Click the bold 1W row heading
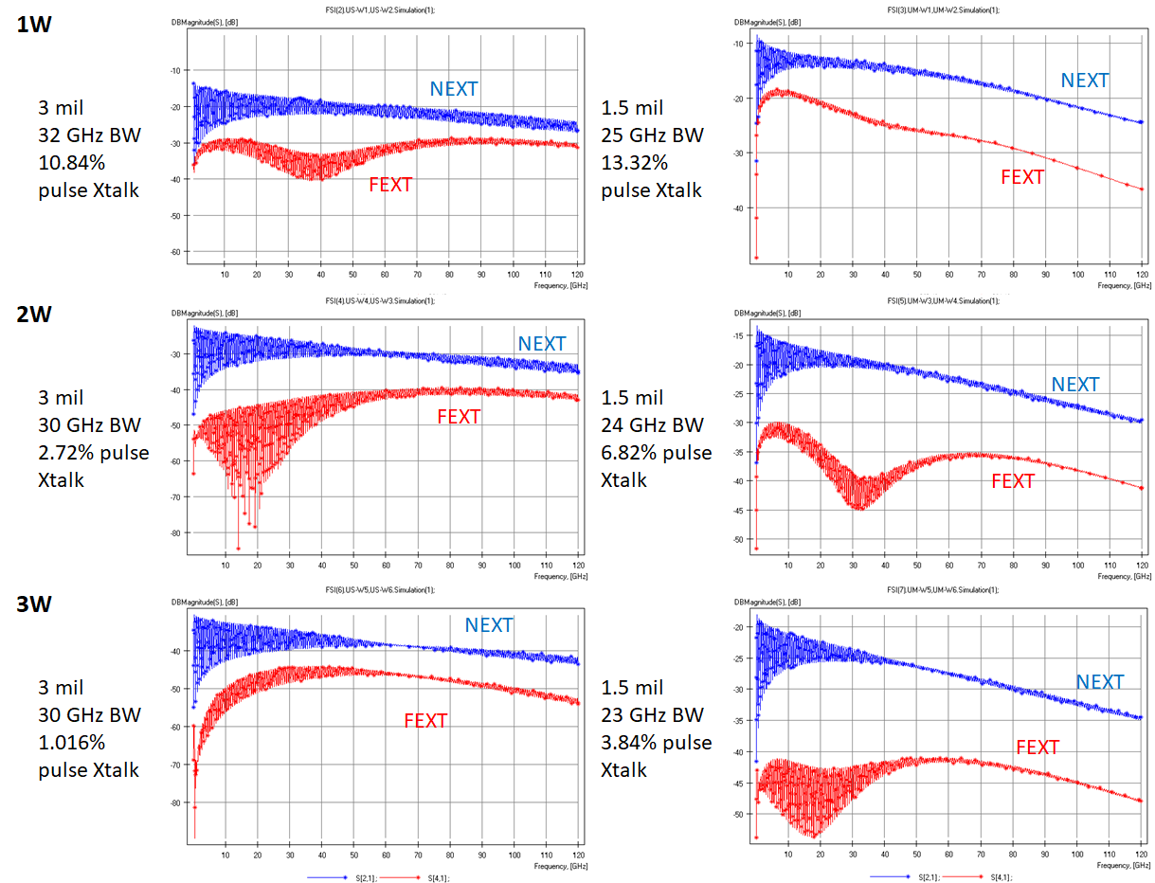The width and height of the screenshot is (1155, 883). [34, 25]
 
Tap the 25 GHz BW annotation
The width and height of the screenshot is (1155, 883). [653, 135]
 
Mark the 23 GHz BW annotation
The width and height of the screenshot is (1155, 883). [653, 714]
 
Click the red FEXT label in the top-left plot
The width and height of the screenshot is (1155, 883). [390, 185]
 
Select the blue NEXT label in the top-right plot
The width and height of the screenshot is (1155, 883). [1084, 81]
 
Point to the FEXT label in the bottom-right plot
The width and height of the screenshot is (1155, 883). [1038, 748]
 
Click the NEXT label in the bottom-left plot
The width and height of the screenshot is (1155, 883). [488, 625]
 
